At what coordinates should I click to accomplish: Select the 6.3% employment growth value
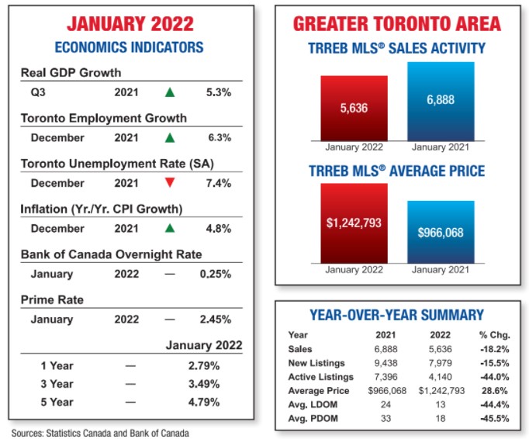click(220, 138)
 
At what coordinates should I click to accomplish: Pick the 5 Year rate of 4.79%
click(205, 403)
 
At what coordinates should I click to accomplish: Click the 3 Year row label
click(57, 384)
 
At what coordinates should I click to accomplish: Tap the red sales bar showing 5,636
click(354, 109)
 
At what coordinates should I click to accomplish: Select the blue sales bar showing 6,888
click(441, 101)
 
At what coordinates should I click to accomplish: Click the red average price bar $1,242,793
click(354, 223)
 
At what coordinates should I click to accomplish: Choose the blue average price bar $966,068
click(441, 232)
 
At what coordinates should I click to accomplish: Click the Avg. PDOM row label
click(309, 418)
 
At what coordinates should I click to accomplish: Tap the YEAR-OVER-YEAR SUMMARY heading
click(396, 315)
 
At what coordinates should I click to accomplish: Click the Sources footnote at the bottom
click(100, 433)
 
